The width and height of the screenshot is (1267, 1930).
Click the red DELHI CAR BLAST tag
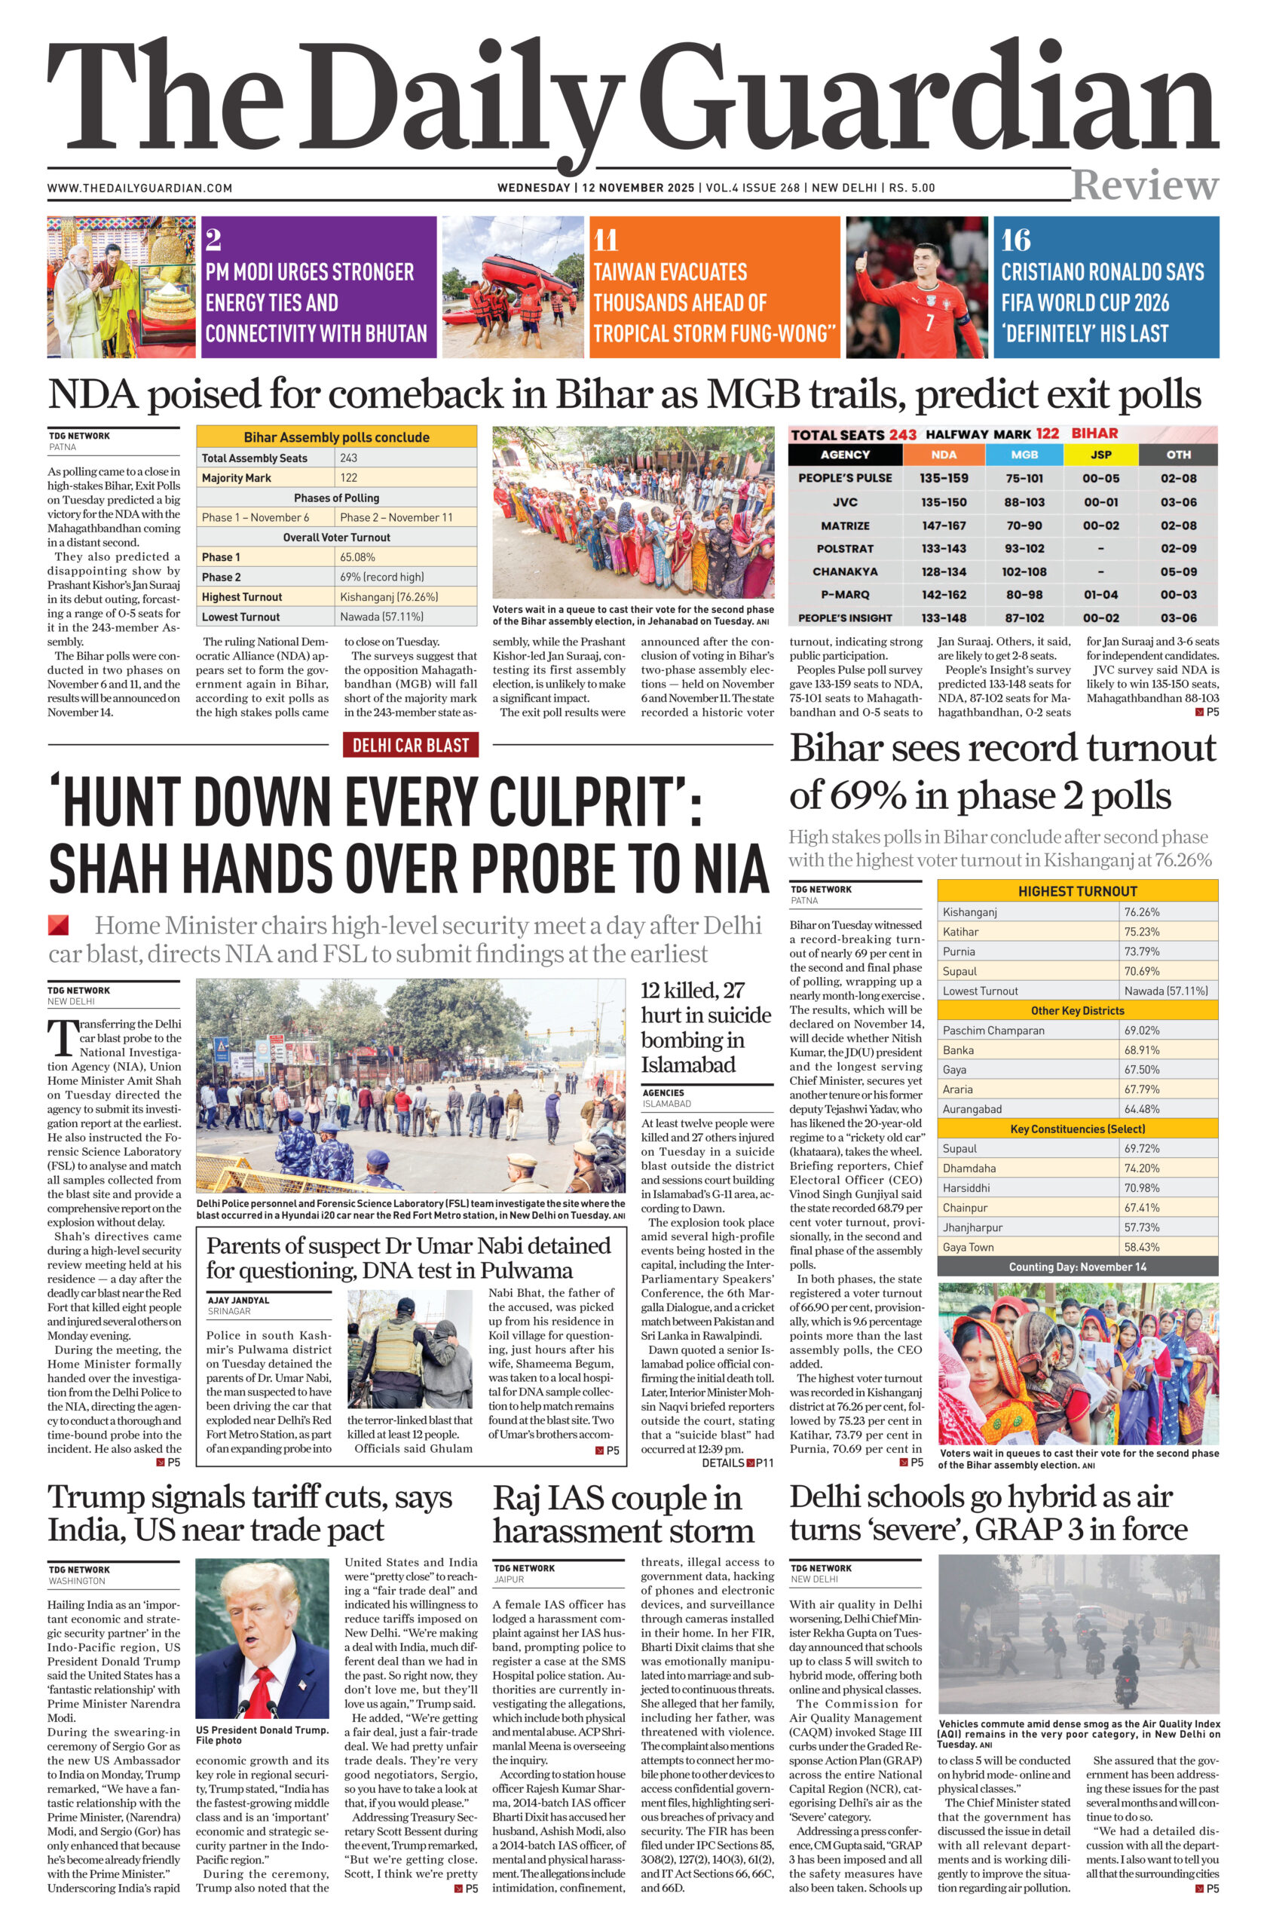410,744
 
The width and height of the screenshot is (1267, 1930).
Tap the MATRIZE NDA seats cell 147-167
944,525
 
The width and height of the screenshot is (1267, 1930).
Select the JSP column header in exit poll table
1100,455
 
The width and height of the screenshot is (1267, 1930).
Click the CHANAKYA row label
845,571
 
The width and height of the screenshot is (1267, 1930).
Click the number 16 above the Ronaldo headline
1016,240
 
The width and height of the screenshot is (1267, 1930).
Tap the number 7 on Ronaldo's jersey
929,323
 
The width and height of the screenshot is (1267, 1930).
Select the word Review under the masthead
1144,185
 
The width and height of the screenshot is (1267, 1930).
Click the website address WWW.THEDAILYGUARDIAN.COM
139,188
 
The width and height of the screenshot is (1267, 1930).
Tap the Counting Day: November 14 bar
1077,1267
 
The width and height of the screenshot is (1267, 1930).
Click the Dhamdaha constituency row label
969,1169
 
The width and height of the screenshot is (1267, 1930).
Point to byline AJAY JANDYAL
238,1300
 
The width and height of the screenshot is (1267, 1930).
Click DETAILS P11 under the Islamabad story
737,1463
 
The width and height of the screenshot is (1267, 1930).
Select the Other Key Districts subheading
1077,1010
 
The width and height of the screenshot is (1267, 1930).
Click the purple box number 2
213,240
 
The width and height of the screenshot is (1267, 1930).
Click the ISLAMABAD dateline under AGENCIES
667,1104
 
